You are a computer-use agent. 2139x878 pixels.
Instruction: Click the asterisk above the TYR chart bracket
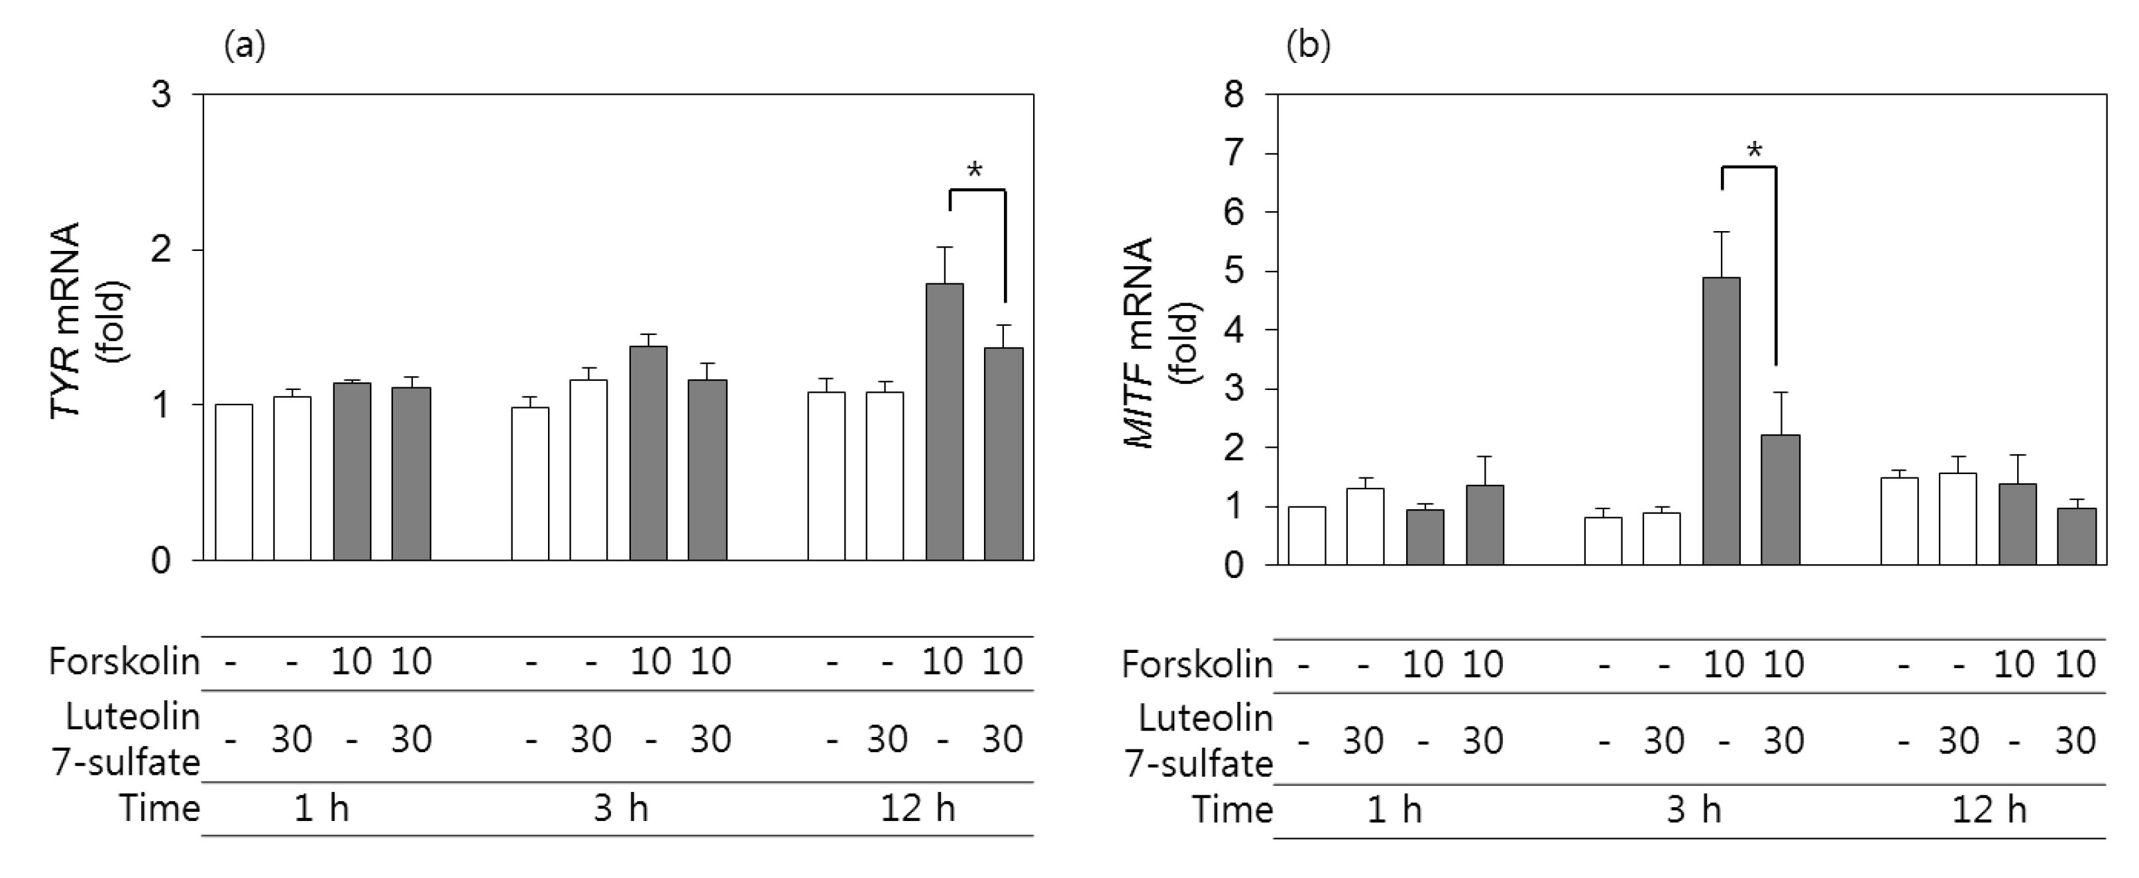point(975,171)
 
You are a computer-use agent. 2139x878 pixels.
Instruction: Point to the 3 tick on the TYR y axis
point(161,95)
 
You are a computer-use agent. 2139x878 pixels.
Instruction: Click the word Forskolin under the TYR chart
point(125,662)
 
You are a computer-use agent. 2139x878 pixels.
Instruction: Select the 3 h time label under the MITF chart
point(1694,810)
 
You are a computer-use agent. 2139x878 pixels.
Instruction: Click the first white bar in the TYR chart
point(234,482)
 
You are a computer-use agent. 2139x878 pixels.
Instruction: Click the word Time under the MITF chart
point(1233,810)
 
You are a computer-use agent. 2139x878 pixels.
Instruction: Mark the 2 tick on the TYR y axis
point(161,250)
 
